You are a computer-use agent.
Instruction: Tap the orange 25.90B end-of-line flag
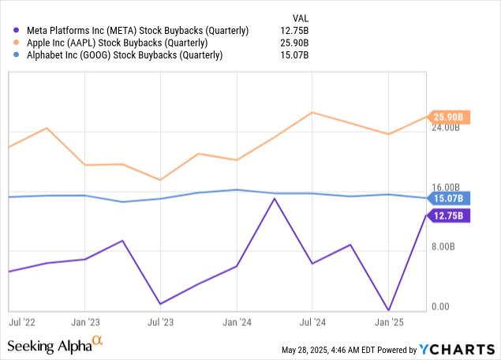click(449, 117)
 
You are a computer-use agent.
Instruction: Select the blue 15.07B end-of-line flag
click(449, 197)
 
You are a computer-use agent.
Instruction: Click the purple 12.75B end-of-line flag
click(449, 216)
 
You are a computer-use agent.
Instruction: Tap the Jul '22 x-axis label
click(21, 322)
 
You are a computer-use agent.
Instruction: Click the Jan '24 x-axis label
click(237, 322)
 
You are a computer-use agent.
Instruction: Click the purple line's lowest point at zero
click(387, 310)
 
